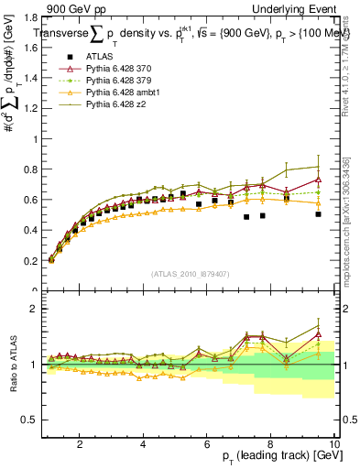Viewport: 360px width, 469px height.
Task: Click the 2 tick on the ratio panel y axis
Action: [33, 309]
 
